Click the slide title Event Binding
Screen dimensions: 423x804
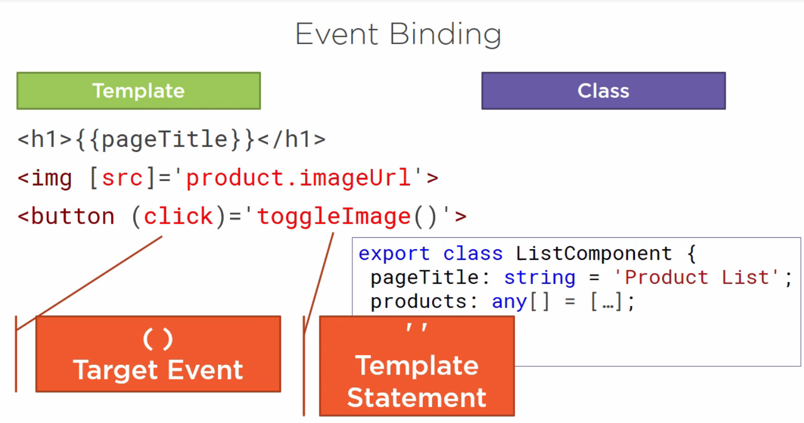(x=398, y=35)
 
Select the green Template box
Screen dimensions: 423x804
(x=139, y=91)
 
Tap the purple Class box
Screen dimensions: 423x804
(x=603, y=91)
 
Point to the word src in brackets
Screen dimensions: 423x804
(x=122, y=178)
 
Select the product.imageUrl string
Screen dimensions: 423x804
(x=298, y=178)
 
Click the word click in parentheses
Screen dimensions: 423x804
(x=178, y=216)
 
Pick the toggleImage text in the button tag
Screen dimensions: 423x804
(x=333, y=216)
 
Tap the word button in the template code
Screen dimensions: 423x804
(x=72, y=216)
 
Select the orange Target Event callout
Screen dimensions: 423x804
(x=158, y=354)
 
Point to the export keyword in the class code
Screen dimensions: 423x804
(x=394, y=254)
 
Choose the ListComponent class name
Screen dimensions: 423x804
(x=593, y=254)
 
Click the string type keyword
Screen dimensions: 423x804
(x=539, y=278)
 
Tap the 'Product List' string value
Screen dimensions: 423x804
(x=696, y=278)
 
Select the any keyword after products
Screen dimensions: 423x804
(x=509, y=302)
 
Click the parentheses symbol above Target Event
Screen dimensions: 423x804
(x=158, y=340)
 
